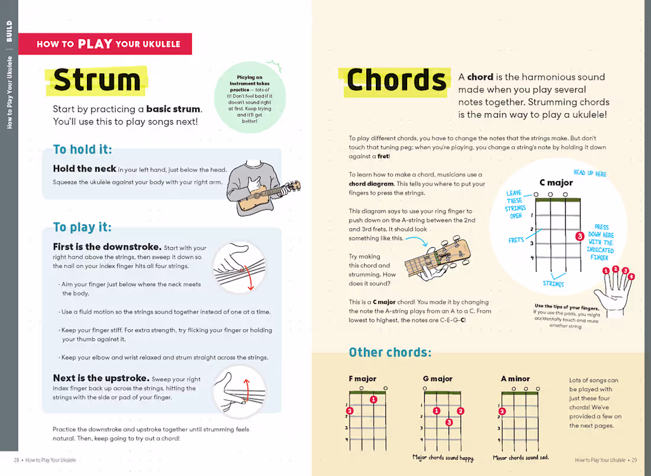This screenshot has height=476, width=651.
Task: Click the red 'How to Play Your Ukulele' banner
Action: coord(105,44)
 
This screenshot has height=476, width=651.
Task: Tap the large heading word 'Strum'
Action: coord(97,81)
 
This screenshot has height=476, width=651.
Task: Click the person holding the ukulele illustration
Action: coord(260,186)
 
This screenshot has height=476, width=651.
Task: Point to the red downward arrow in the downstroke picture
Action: coord(249,278)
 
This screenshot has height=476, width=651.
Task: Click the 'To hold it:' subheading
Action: coord(82,149)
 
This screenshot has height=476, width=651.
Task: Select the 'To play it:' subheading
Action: coord(82,227)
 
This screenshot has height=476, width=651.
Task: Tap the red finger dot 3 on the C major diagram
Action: coord(579,236)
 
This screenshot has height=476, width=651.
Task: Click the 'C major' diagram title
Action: coord(556,182)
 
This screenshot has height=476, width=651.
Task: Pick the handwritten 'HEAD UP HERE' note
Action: coord(589,173)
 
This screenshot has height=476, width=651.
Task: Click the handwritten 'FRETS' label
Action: coord(516,240)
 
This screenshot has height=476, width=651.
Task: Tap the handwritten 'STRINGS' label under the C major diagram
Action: coord(553,284)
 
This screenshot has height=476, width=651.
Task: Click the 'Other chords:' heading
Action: coord(390,352)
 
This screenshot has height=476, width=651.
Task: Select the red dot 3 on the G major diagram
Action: coord(449,422)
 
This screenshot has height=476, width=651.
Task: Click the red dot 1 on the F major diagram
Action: coord(373,400)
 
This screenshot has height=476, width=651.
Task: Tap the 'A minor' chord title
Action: coord(515,379)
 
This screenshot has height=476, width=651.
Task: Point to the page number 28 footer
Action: coord(17,460)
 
